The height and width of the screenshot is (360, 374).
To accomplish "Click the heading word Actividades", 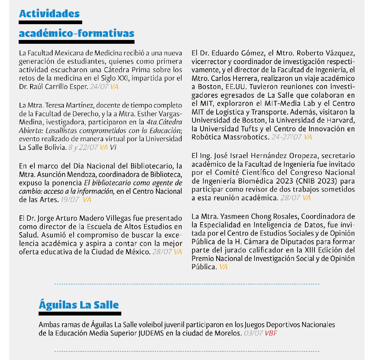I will (x=49, y=14).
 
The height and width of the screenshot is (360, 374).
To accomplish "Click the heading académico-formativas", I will (x=76, y=33).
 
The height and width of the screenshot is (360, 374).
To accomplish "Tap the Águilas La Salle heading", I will (x=79, y=305).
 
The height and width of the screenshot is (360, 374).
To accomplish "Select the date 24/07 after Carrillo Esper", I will (x=98, y=86).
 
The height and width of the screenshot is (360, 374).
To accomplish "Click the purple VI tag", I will (x=113, y=147).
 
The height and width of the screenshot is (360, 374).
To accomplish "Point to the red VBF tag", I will (x=271, y=333).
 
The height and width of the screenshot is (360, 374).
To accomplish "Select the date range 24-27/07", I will (x=286, y=137).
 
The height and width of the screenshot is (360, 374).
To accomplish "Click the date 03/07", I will (x=253, y=333).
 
